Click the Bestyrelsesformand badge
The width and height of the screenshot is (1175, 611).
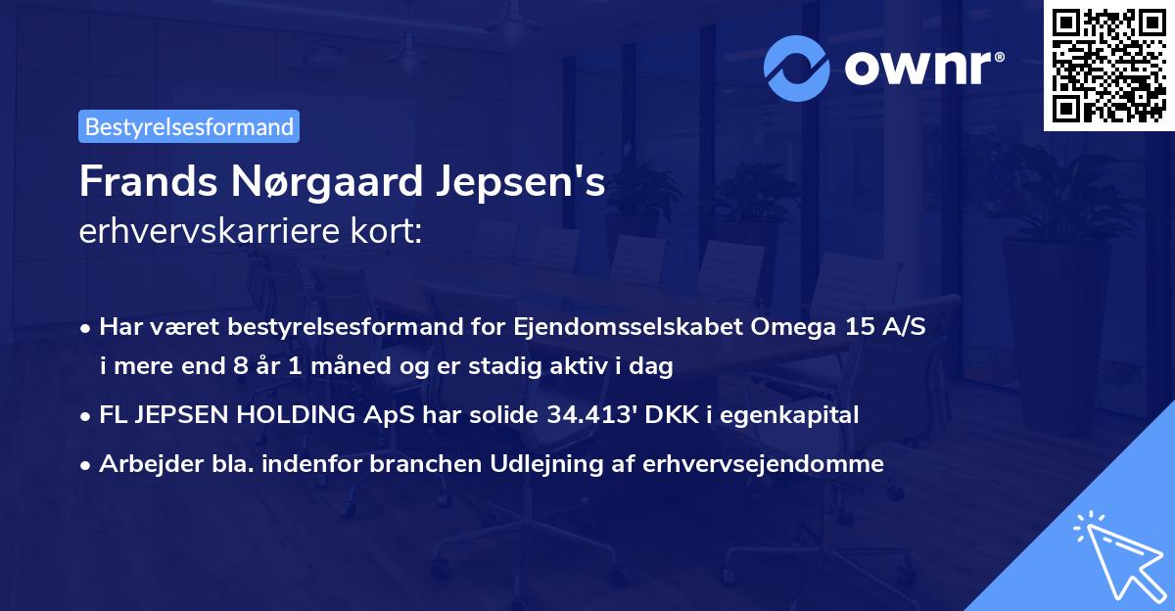tap(189, 126)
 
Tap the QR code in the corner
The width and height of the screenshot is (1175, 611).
tap(1108, 65)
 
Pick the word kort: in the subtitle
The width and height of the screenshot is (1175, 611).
tap(391, 231)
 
